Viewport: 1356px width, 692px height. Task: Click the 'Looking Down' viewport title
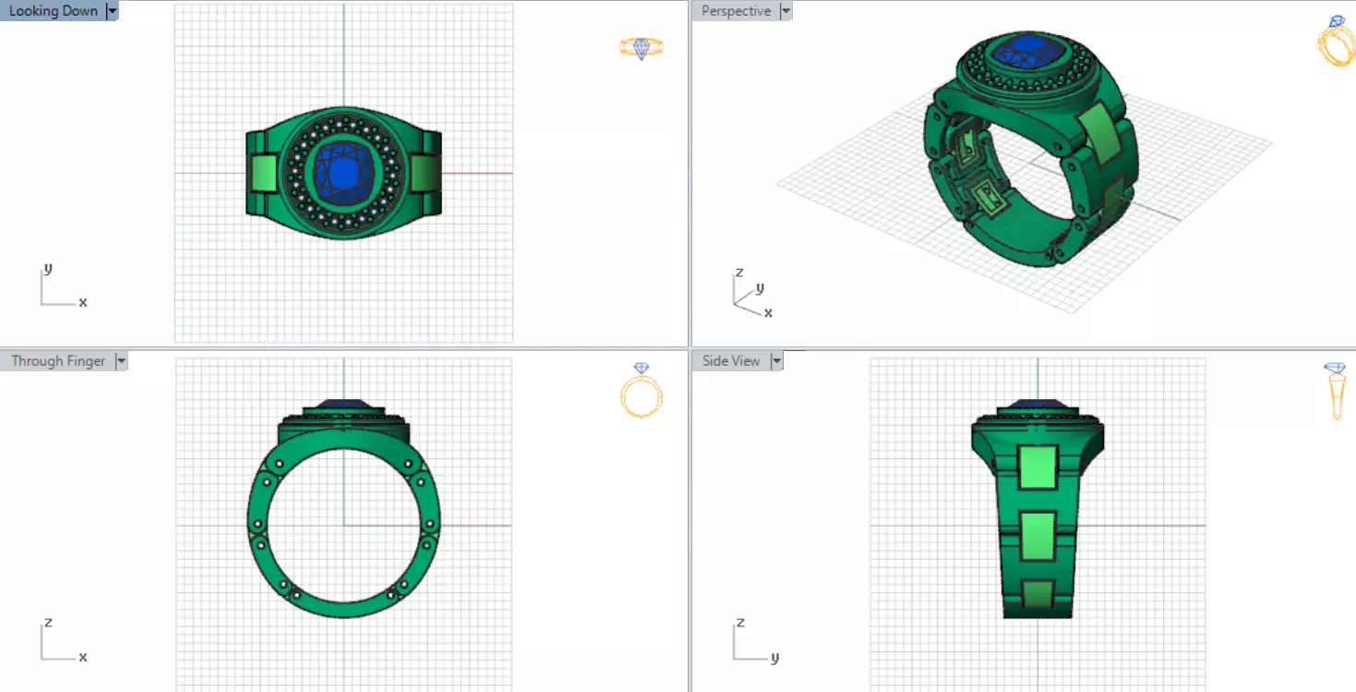coord(53,11)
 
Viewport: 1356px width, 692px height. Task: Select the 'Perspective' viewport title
coord(736,11)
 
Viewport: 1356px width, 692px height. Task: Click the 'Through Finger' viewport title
coord(58,361)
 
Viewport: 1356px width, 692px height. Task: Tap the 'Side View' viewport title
coord(730,361)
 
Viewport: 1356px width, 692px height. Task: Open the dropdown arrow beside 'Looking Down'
coord(113,11)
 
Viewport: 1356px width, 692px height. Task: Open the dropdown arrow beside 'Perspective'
coord(786,11)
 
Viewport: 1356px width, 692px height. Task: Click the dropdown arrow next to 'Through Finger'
coord(121,361)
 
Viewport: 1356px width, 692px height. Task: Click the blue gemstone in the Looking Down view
coord(342,170)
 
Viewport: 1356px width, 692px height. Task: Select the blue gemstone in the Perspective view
coord(1021,49)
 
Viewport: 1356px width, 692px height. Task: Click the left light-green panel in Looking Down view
coord(264,174)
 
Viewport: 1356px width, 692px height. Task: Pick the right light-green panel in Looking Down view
coord(424,174)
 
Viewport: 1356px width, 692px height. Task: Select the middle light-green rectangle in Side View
coord(1038,536)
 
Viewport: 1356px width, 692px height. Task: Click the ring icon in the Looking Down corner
coord(642,48)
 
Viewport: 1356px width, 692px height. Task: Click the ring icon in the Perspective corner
coord(1335,42)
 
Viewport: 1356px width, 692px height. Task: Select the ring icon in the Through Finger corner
coord(642,390)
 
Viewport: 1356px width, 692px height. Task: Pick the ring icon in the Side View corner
coord(1335,390)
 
